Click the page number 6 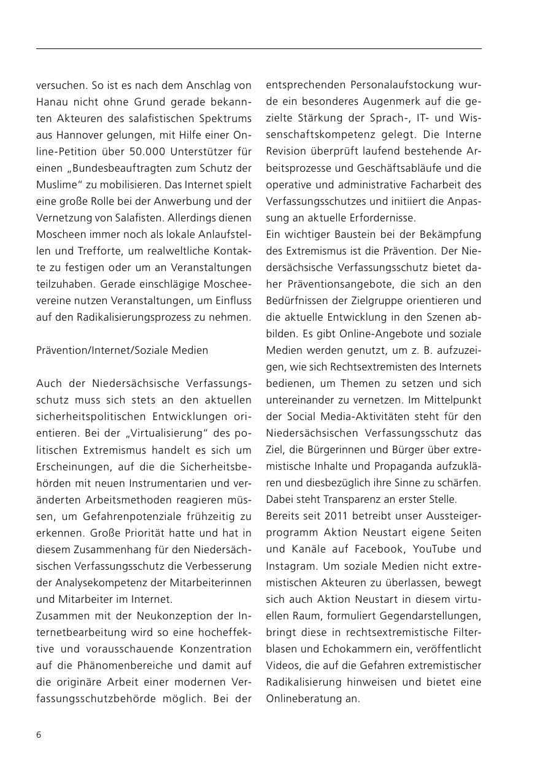point(39,735)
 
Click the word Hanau point(52,101)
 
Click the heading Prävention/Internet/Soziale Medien point(122,350)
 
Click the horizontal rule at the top point(258,48)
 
